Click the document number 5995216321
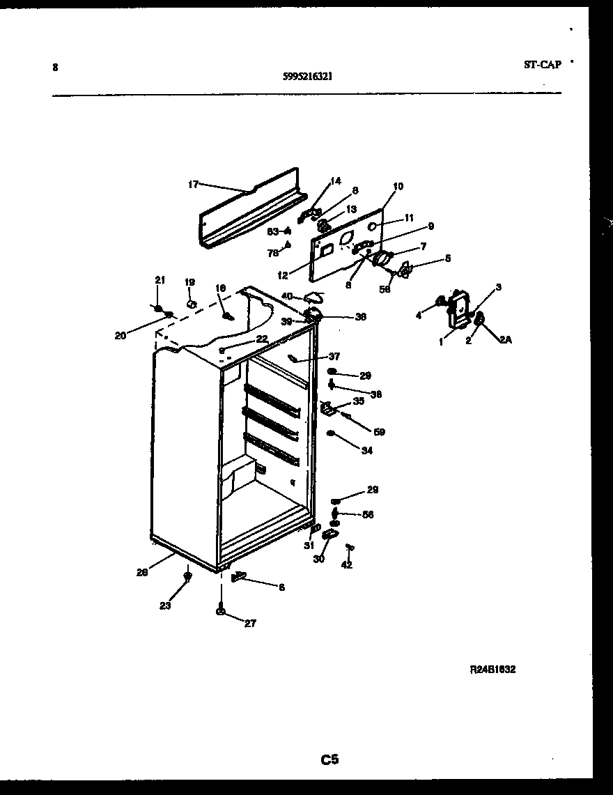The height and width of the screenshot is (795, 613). click(x=307, y=78)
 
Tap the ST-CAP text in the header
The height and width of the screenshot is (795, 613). click(x=542, y=64)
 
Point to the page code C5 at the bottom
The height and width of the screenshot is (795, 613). click(x=329, y=760)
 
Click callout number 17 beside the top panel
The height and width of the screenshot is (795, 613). click(x=193, y=185)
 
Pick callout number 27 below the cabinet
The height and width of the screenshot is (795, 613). click(x=249, y=624)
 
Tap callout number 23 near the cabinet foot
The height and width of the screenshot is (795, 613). click(x=164, y=605)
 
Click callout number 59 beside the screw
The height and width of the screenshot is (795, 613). click(x=379, y=432)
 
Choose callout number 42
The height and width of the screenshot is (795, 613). click(x=346, y=565)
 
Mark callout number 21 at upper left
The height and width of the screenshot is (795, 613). click(x=160, y=280)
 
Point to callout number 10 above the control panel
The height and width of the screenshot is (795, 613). click(x=398, y=187)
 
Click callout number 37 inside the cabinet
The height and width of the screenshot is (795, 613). click(x=334, y=357)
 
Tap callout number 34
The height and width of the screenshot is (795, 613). click(x=366, y=451)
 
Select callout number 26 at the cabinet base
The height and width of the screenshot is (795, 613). click(x=142, y=573)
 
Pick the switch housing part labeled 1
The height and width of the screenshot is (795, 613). click(x=458, y=309)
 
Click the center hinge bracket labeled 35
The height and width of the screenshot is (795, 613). click(x=327, y=408)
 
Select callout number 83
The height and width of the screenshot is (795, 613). click(x=272, y=231)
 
